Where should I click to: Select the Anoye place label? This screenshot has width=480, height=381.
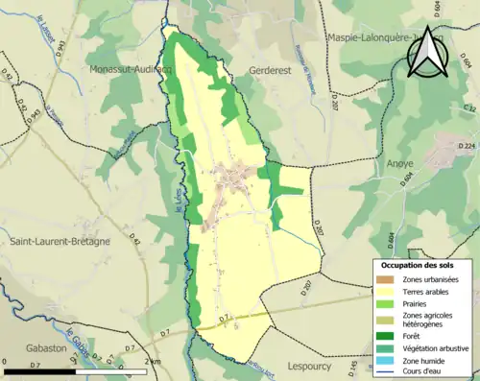(399, 163)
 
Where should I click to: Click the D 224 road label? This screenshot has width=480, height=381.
(466, 146)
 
